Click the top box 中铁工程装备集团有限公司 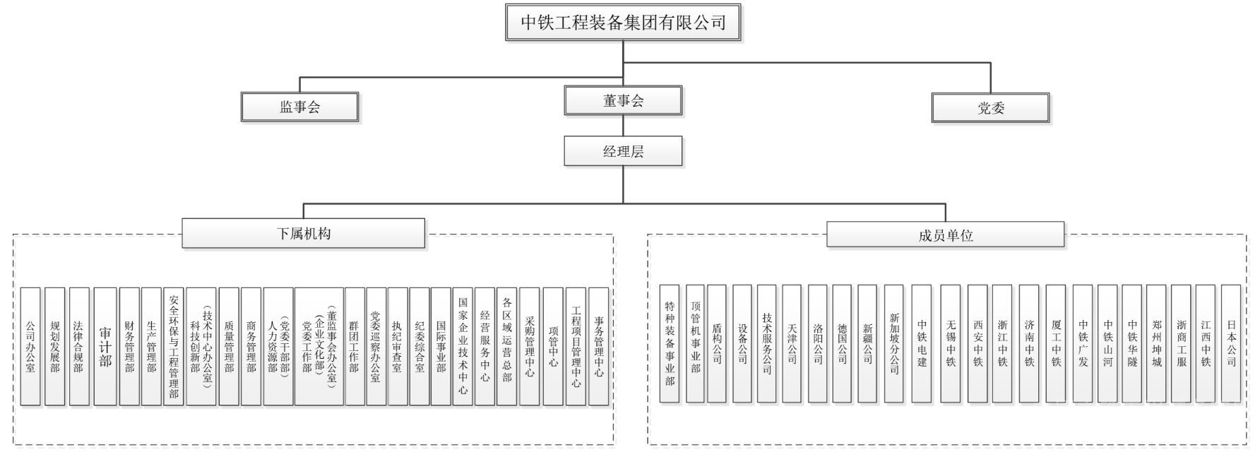coord(623,23)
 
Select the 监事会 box coord(299,107)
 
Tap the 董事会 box coord(623,101)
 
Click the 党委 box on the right coord(990,108)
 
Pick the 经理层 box coord(623,151)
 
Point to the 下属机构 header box coord(304,234)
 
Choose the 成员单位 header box coord(945,235)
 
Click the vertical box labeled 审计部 coord(105,346)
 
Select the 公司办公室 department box coord(30,346)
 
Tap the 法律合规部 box coord(78,346)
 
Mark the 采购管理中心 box coord(530,346)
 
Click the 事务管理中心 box coord(598,346)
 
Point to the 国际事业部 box coord(441,346)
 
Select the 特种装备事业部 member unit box coord(670,344)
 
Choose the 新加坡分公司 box coord(893,344)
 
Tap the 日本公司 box coord(1231,344)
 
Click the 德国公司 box coord(842,344)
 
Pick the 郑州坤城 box coord(1156,344)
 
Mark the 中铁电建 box coord(922,344)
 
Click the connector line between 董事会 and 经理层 coord(623,126)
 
